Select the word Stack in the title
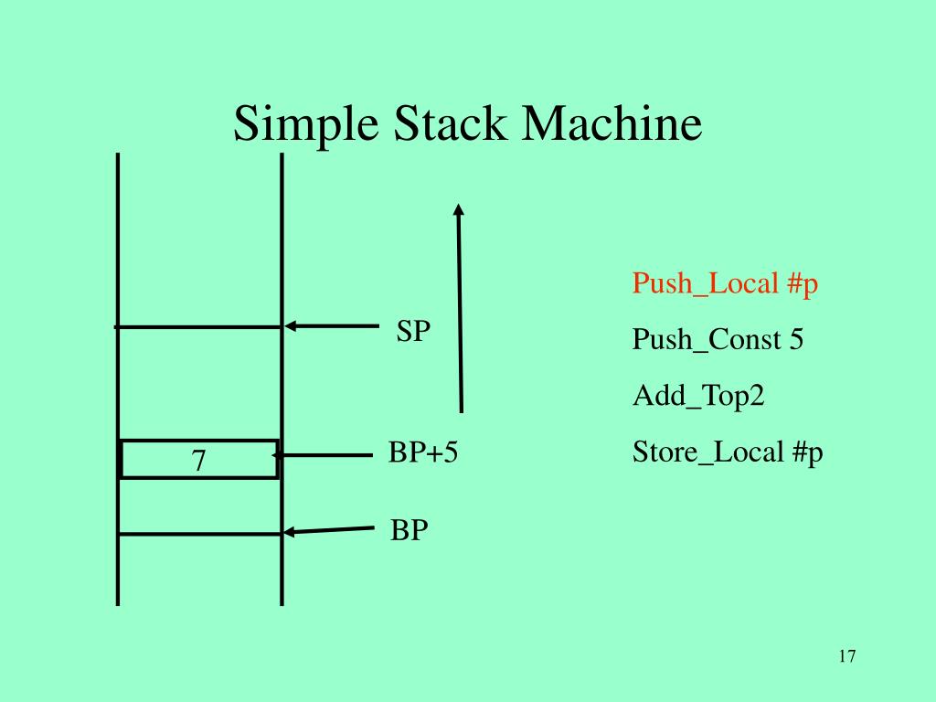pos(450,124)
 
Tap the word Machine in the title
pos(612,124)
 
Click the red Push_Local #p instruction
pos(725,284)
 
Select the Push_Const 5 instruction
pos(718,340)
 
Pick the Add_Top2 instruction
pos(698,396)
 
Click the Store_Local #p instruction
pos(728,452)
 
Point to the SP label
pos(413,332)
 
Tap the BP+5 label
pos(422,452)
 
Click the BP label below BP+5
pos(409,530)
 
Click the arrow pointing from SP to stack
pos(331,325)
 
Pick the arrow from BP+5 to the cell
pos(324,454)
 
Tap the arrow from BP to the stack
pos(329,530)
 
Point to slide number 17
pos(846,656)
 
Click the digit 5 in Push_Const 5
pos(796,340)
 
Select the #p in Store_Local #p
pos(808,452)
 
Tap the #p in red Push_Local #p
pos(802,284)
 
